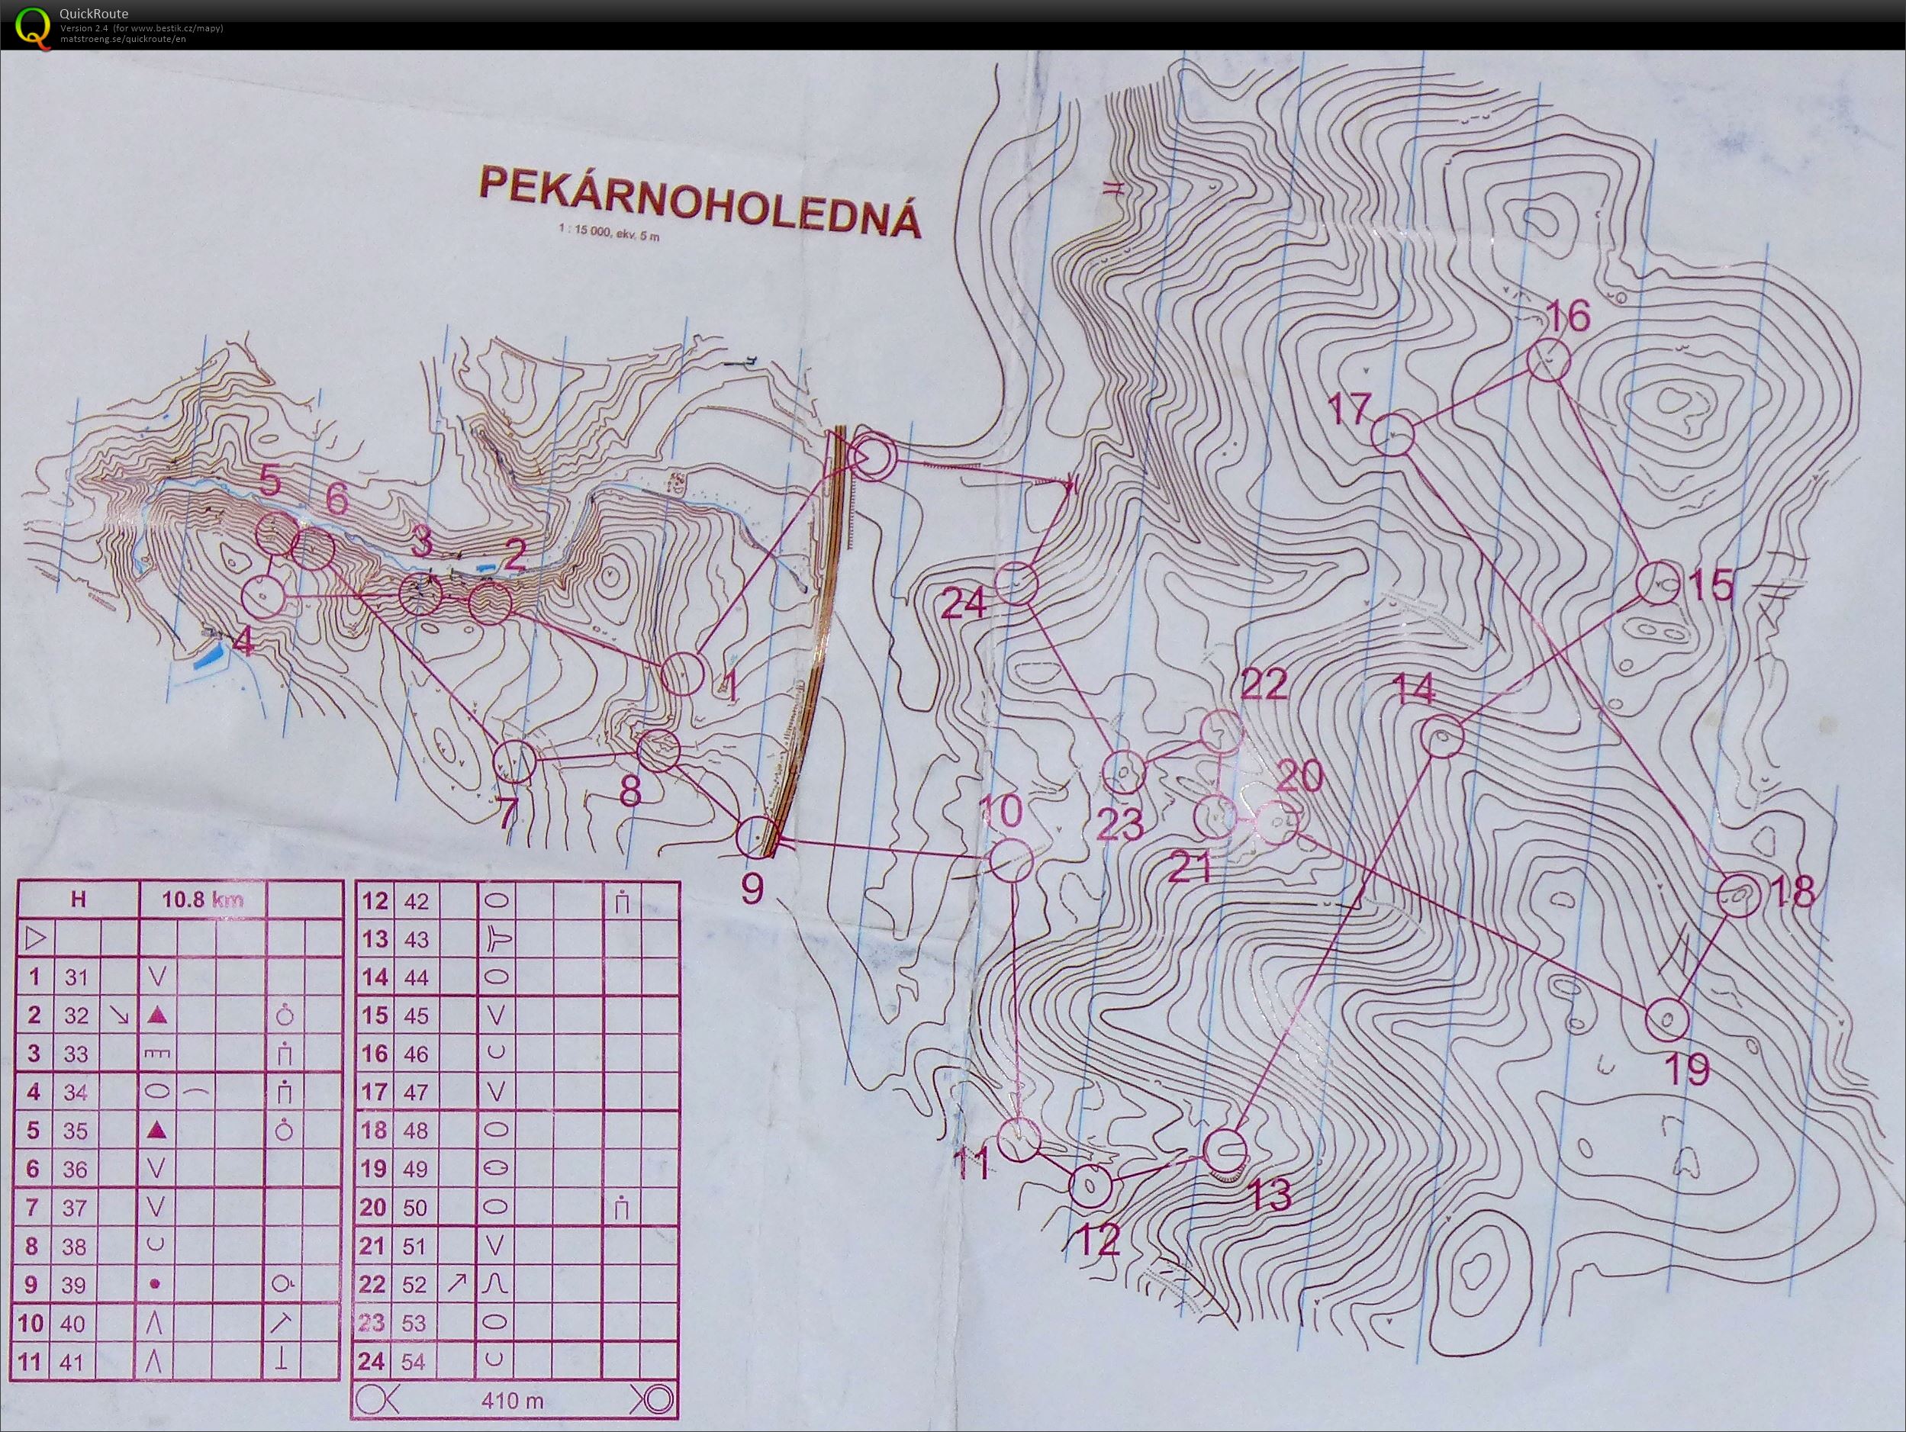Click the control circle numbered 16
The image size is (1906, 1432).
point(1547,360)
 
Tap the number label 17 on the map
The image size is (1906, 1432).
point(1348,408)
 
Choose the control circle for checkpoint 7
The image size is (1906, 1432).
point(514,760)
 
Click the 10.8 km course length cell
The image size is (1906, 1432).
point(202,900)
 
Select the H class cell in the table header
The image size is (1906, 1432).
point(79,900)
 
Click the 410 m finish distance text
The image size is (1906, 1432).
point(514,1401)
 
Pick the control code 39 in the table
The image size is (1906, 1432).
point(74,1285)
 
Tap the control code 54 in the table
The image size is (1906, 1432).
point(414,1363)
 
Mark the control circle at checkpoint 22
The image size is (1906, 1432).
point(1221,732)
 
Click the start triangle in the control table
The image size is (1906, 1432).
point(34,938)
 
